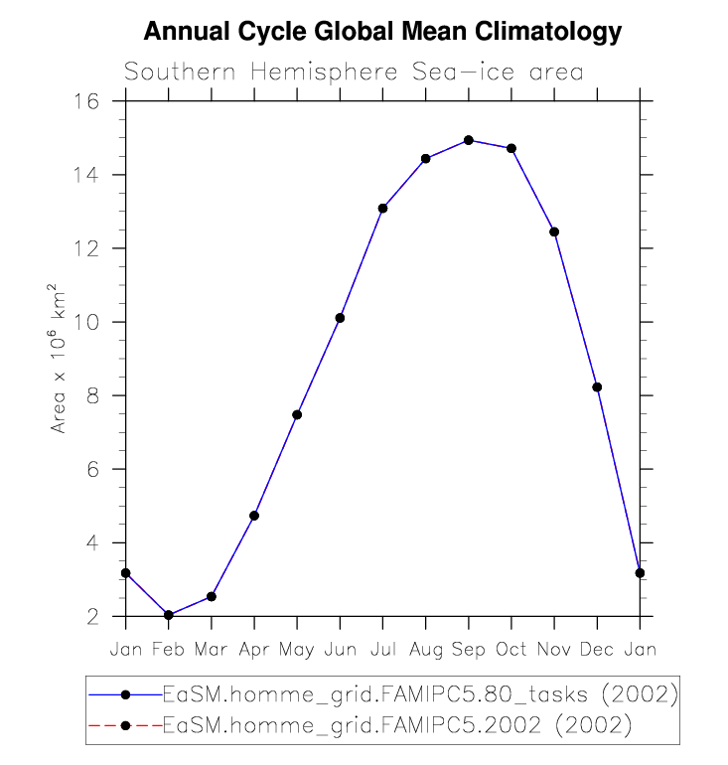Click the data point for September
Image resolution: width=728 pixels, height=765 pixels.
coord(469,140)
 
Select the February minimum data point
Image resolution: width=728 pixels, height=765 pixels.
coord(169,615)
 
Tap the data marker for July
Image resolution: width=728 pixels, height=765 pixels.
coord(382,208)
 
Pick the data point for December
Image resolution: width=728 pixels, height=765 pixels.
coord(597,386)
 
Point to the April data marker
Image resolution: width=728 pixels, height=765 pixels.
coord(254,516)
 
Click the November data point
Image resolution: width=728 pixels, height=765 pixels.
coord(554,231)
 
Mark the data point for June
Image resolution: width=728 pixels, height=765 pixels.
coord(340,318)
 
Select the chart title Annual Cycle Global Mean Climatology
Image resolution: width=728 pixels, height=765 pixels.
coord(382,32)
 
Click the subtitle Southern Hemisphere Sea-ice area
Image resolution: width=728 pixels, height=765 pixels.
coord(354,73)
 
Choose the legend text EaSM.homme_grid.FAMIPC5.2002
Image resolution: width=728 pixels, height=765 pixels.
coord(397,725)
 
